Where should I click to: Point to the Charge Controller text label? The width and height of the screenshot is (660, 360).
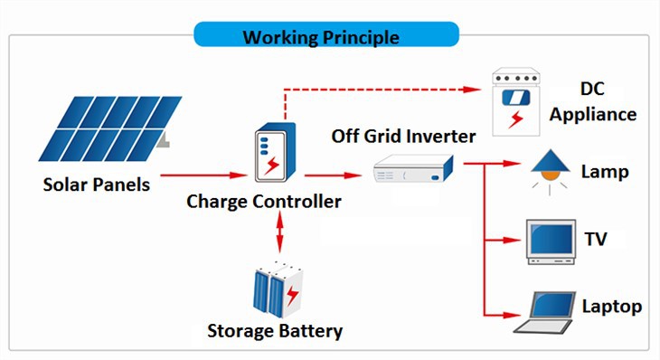264,201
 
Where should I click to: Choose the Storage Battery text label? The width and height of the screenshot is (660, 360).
275,331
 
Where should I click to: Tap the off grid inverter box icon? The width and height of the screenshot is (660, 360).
412,167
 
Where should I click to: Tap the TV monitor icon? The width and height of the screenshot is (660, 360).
550,240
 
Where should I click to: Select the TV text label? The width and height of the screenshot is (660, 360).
596,240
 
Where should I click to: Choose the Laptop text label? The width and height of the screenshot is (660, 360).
611,307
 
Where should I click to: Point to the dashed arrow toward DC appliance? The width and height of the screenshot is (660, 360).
380,90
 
